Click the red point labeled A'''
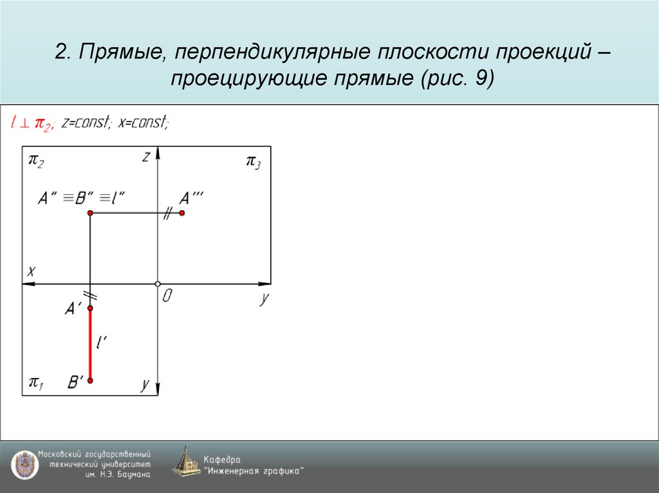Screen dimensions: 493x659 click(x=182, y=213)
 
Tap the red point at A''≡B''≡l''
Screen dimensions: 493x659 click(x=90, y=213)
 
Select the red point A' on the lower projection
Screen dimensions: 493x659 click(x=90, y=309)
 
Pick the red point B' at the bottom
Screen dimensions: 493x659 click(x=90, y=381)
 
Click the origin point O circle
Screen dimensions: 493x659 click(x=158, y=283)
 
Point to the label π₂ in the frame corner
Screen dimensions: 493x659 click(x=36, y=161)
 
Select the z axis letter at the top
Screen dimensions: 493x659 click(x=147, y=157)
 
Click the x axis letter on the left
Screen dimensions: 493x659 click(x=30, y=271)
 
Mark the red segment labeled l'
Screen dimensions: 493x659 click(x=90, y=345)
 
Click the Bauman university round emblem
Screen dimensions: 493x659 click(x=23, y=464)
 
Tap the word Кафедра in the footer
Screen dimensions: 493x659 click(x=222, y=459)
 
